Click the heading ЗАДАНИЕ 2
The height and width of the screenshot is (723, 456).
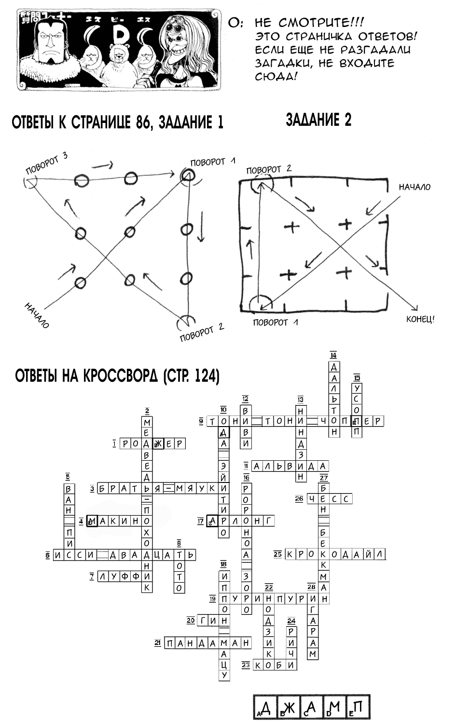(x=318, y=120)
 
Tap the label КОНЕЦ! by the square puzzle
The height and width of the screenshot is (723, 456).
(x=420, y=319)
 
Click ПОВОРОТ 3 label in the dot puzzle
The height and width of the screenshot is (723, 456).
(x=46, y=164)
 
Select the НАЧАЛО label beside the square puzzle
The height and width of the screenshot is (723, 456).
(x=415, y=187)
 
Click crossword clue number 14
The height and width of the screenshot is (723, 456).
(x=333, y=356)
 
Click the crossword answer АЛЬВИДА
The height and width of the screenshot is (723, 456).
(x=290, y=466)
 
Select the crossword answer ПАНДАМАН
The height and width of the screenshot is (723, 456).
(x=208, y=643)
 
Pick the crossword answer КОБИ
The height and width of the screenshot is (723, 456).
(x=275, y=665)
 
